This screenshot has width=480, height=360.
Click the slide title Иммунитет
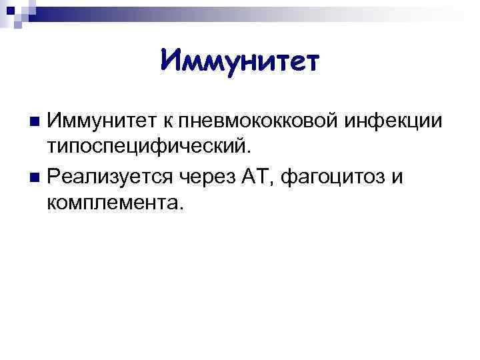pos(241,62)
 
